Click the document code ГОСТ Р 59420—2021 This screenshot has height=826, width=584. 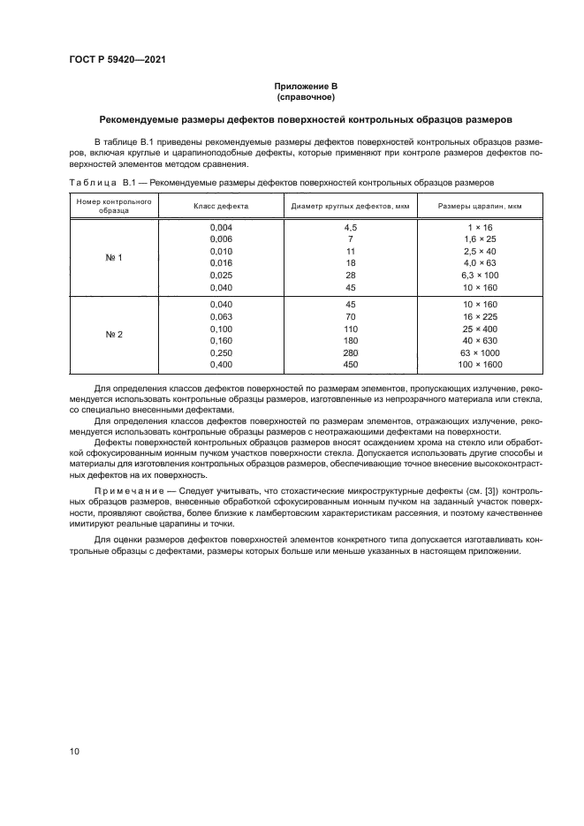click(x=118, y=60)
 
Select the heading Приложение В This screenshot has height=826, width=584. click(x=306, y=86)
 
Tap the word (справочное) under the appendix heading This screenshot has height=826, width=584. click(x=306, y=96)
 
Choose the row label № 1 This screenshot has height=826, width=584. click(x=114, y=258)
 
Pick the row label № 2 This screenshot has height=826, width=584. click(x=114, y=334)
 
